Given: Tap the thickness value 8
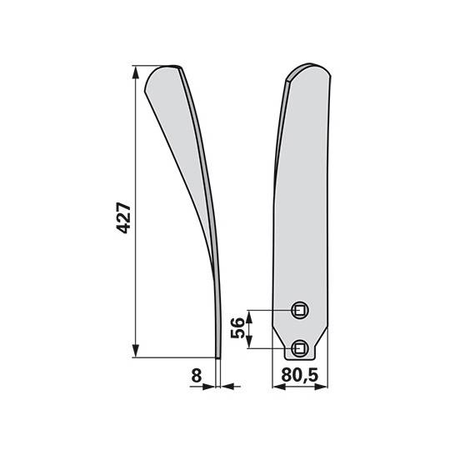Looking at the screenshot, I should point(196,376).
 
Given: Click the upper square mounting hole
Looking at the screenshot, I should point(300,311).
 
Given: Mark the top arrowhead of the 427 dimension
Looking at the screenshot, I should point(135,71).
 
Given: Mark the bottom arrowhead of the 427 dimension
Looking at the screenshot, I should point(135,353).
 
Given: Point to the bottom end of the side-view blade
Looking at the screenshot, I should point(218,357).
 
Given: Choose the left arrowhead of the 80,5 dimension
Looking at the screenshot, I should point(277,387).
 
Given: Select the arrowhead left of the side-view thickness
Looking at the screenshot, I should point(210,387).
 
